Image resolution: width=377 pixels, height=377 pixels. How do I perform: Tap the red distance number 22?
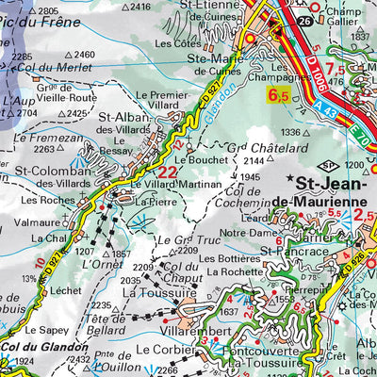[x=167, y=172]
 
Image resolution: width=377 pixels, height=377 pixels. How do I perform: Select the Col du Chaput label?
[x=179, y=273]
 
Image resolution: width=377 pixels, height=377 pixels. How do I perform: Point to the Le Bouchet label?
[x=188, y=161]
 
